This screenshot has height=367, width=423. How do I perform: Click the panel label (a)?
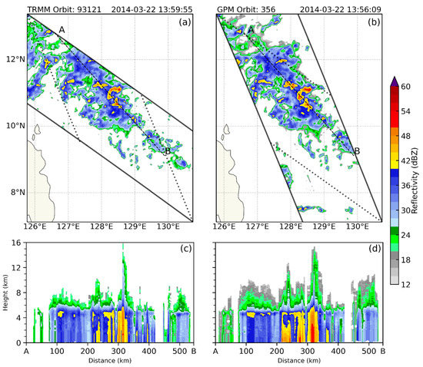tap(185, 22)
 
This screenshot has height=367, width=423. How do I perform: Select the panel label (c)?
tap(185, 249)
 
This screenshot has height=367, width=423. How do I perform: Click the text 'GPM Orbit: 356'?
tap(245, 6)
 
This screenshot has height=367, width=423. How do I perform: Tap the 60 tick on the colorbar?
tap(410, 87)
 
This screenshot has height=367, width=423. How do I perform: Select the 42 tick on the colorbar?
tap(410, 162)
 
